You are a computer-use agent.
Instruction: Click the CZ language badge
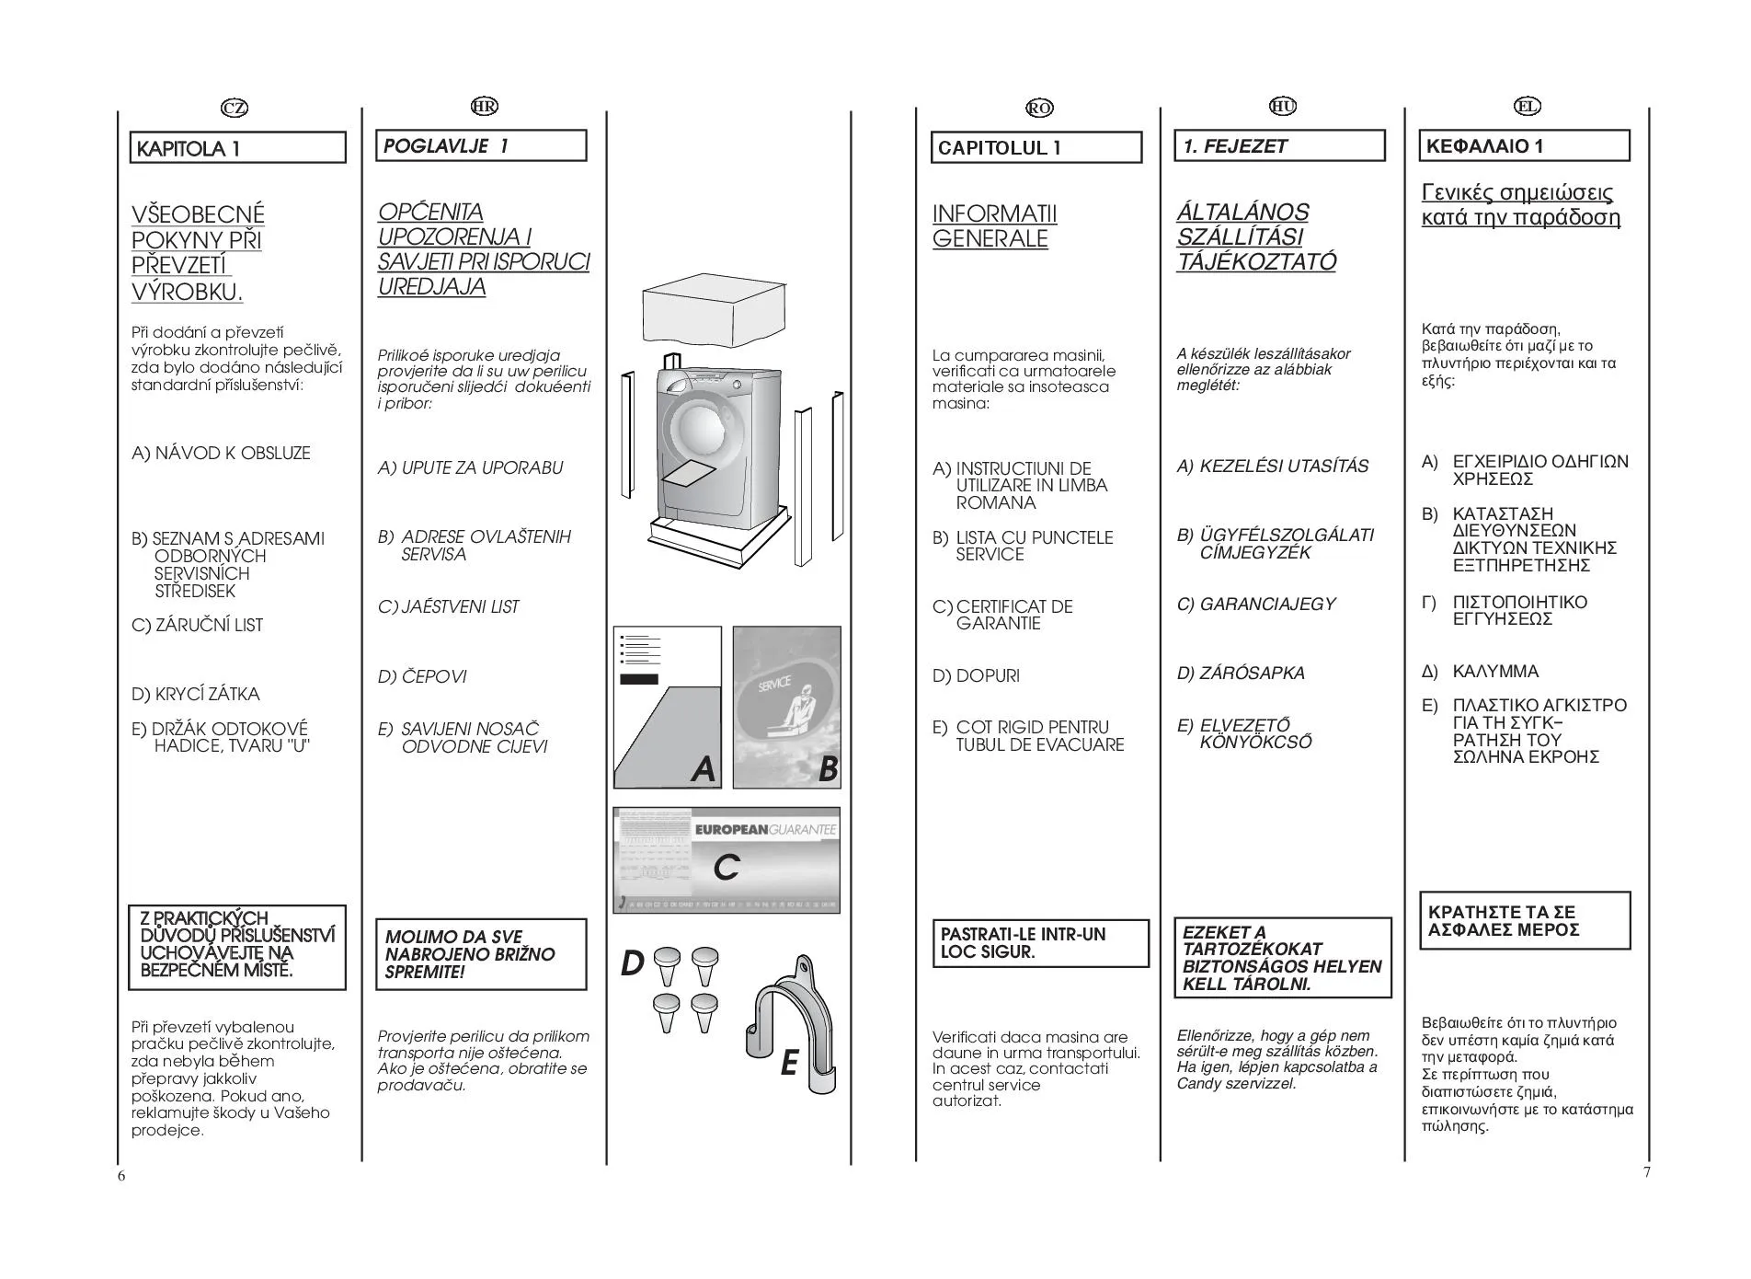tap(235, 108)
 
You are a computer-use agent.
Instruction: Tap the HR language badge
tap(484, 106)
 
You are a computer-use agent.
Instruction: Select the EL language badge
tap(1527, 106)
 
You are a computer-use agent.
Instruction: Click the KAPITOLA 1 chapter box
tap(237, 148)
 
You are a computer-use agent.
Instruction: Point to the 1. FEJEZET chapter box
tap(1279, 146)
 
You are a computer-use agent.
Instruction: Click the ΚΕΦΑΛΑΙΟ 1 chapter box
tap(1524, 146)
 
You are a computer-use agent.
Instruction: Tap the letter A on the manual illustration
tap(703, 768)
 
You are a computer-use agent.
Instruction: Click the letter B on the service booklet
tap(828, 768)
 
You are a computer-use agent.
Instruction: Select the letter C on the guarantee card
tap(727, 866)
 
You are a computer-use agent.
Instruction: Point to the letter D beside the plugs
tap(632, 963)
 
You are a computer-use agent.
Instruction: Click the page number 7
tap(1646, 1171)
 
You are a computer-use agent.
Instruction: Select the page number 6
tap(121, 1175)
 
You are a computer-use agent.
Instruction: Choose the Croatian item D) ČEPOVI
tap(422, 676)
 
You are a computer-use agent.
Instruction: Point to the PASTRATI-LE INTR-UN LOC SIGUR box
tap(1040, 943)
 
